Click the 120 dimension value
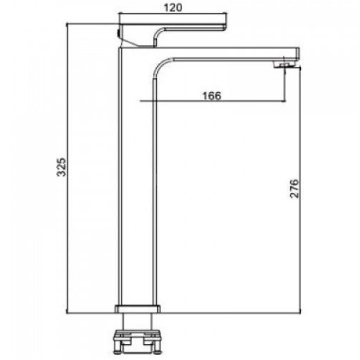[173, 7]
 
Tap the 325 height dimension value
[61, 167]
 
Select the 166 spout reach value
[212, 96]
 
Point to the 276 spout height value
[294, 189]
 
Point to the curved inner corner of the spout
[161, 65]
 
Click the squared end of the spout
[297, 54]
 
